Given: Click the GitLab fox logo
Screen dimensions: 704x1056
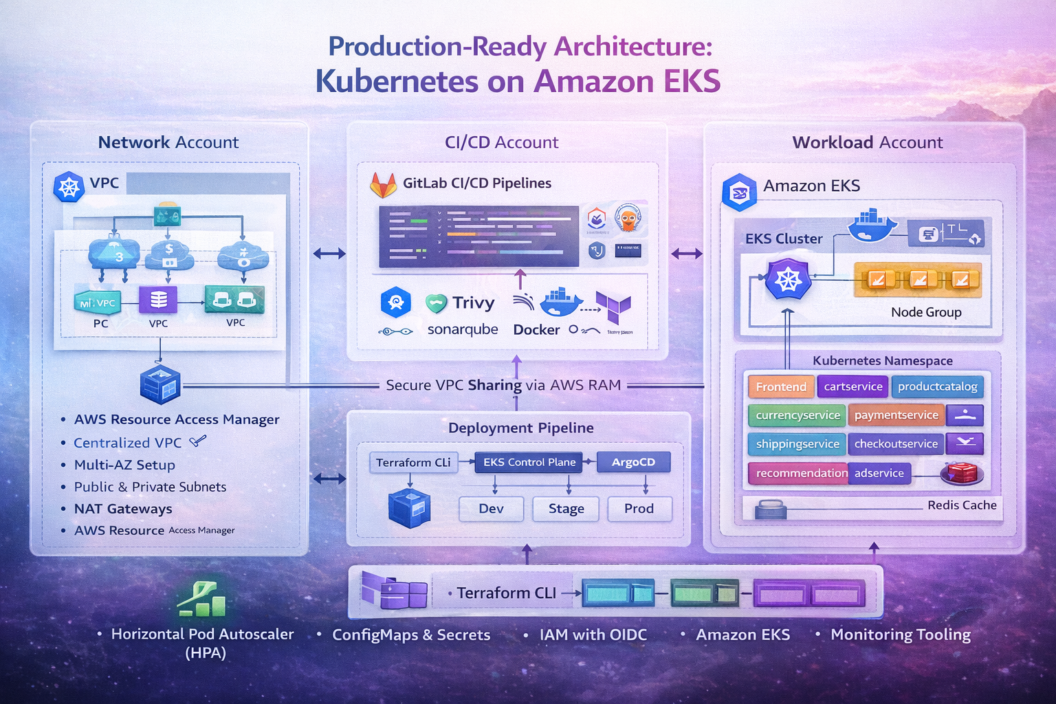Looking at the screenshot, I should point(383,184).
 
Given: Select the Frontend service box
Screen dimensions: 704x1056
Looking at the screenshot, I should point(781,386).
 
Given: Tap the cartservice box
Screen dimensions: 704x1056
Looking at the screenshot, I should point(852,386).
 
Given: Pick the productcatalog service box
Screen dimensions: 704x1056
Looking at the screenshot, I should point(937,386).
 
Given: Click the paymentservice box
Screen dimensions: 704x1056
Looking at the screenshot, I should point(896,415).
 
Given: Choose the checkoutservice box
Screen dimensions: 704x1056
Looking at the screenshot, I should point(895,444).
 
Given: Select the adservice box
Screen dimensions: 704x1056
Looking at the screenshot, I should point(879,473).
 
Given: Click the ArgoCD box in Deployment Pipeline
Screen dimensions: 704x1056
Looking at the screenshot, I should point(633,462).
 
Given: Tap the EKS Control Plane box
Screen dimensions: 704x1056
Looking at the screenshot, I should point(529,462).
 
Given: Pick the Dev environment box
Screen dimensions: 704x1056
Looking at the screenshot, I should point(491,509).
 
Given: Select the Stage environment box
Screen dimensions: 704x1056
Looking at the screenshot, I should point(566,509).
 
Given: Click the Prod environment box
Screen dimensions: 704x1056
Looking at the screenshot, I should point(639,509).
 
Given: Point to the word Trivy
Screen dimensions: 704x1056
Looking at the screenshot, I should point(473,303).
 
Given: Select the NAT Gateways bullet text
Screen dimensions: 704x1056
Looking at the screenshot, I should point(123,509).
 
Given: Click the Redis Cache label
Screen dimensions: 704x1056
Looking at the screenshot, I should point(961,505).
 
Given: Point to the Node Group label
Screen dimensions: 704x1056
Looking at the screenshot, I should point(925,312).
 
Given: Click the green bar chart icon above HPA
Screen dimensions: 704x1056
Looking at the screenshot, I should point(201,599).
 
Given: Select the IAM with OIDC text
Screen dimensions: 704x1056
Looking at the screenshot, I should point(593,635).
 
